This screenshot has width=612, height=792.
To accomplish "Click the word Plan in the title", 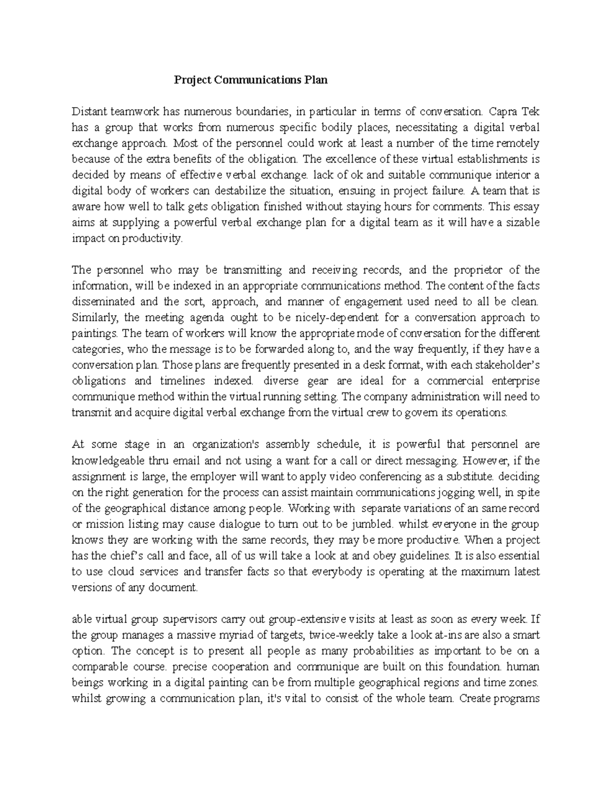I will pos(316,80).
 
